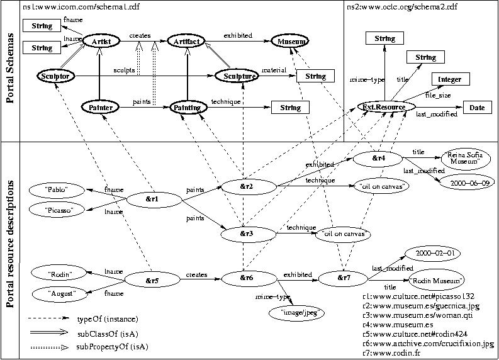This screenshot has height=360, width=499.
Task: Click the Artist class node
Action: click(101, 42)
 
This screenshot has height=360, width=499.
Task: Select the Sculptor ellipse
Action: click(56, 76)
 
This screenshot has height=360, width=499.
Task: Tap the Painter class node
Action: click(101, 108)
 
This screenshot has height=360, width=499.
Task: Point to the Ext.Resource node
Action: click(385, 108)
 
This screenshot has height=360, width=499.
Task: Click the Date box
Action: click(477, 108)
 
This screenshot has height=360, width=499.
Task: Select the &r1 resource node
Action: click(151, 200)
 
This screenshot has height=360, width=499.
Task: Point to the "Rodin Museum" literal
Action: click(435, 279)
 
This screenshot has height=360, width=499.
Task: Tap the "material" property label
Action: click(274, 70)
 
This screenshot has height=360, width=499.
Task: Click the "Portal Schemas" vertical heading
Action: click(10, 72)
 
